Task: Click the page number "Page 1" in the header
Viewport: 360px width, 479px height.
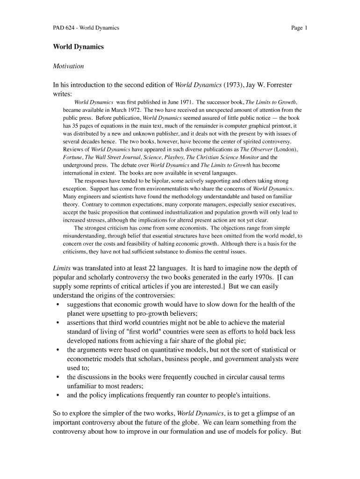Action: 299,28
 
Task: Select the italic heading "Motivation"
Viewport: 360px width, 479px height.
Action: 68,66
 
